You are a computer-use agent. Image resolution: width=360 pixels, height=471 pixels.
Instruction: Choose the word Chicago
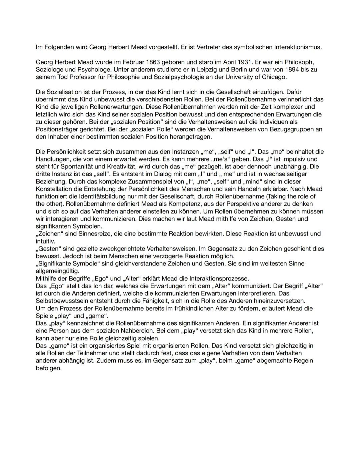(274, 77)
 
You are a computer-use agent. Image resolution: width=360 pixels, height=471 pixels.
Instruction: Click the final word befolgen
(49, 368)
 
